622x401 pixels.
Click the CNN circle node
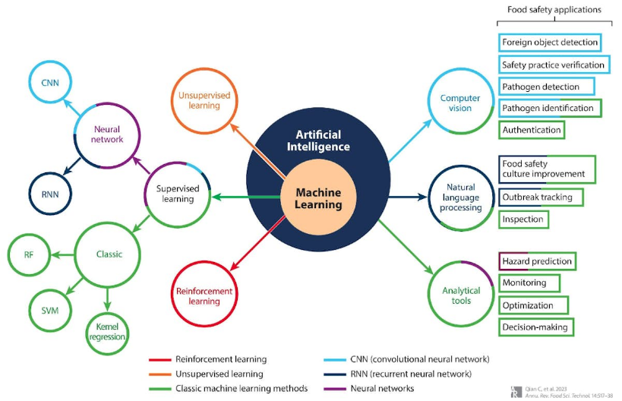pos(50,82)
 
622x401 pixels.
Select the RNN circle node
pos(50,194)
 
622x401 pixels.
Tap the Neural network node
pos(107,135)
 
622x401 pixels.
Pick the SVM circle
pos(50,311)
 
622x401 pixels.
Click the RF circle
pos(29,254)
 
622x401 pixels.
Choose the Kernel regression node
pos(107,333)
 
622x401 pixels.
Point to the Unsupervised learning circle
pos(204,101)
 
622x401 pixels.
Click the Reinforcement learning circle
pos(204,294)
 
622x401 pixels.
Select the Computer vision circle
pos(461,102)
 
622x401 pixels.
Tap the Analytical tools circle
pos(461,294)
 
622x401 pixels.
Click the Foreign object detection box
pos(550,43)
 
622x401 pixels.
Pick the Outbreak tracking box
pos(541,197)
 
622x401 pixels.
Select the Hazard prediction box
pos(537,261)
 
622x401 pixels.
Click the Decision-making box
pos(536,327)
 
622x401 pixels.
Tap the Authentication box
pos(532,130)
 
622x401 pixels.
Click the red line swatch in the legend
pos(159,360)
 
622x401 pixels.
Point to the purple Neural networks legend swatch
pos(335,389)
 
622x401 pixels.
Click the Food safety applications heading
pos(554,10)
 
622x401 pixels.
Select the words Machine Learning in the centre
pos(318,198)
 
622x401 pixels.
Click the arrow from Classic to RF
pos(63,254)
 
